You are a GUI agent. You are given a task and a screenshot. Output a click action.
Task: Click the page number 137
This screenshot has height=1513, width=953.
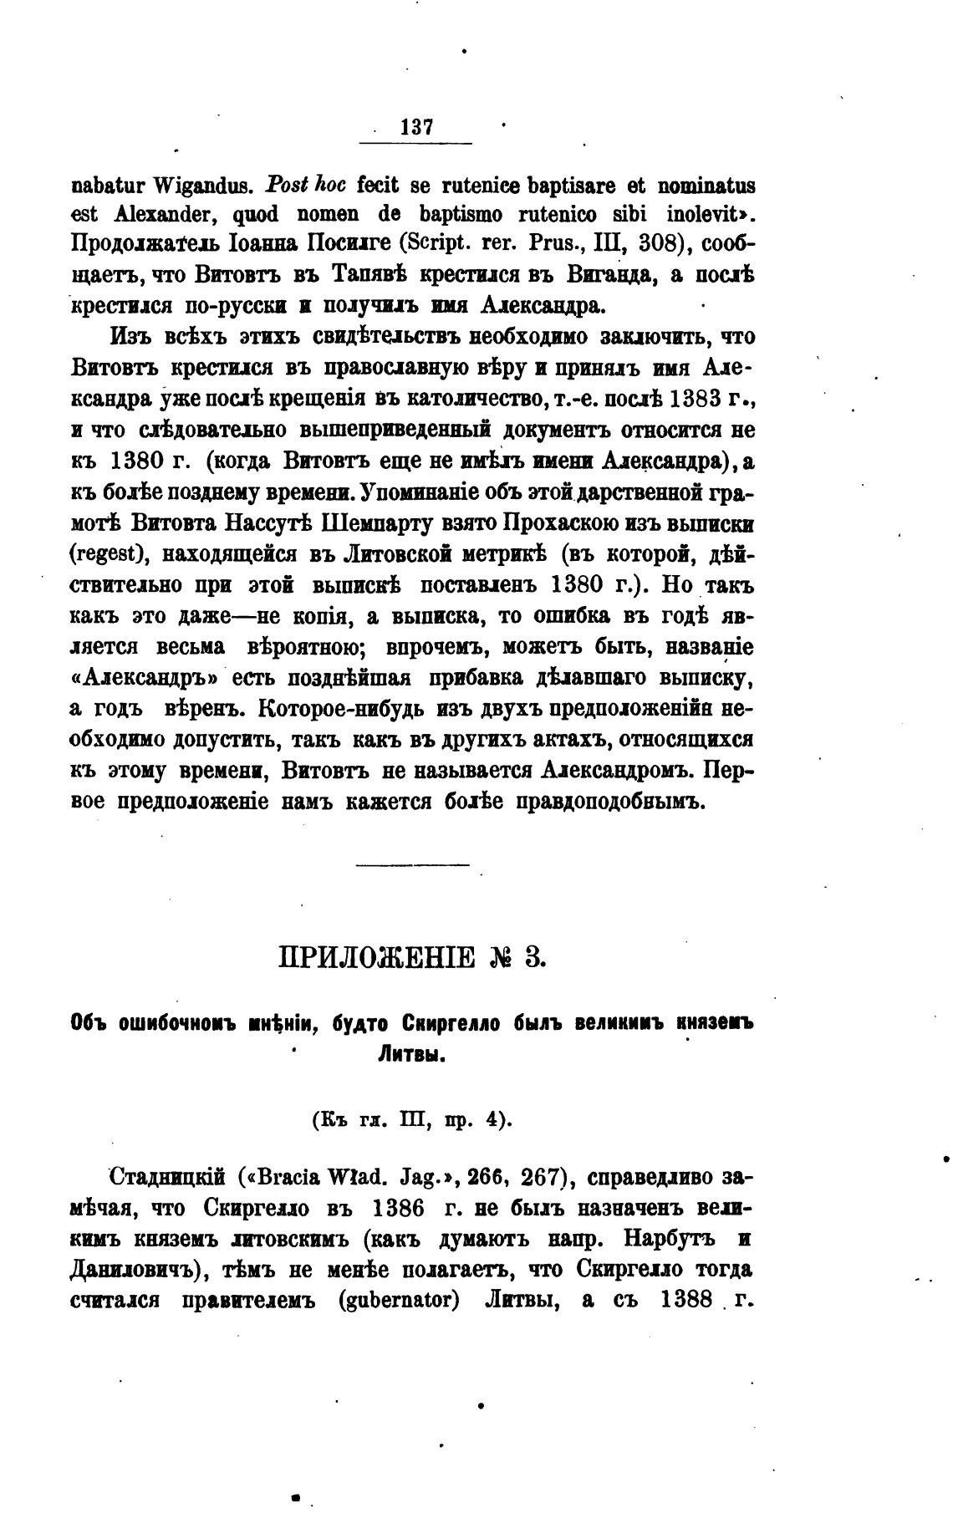point(416,128)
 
